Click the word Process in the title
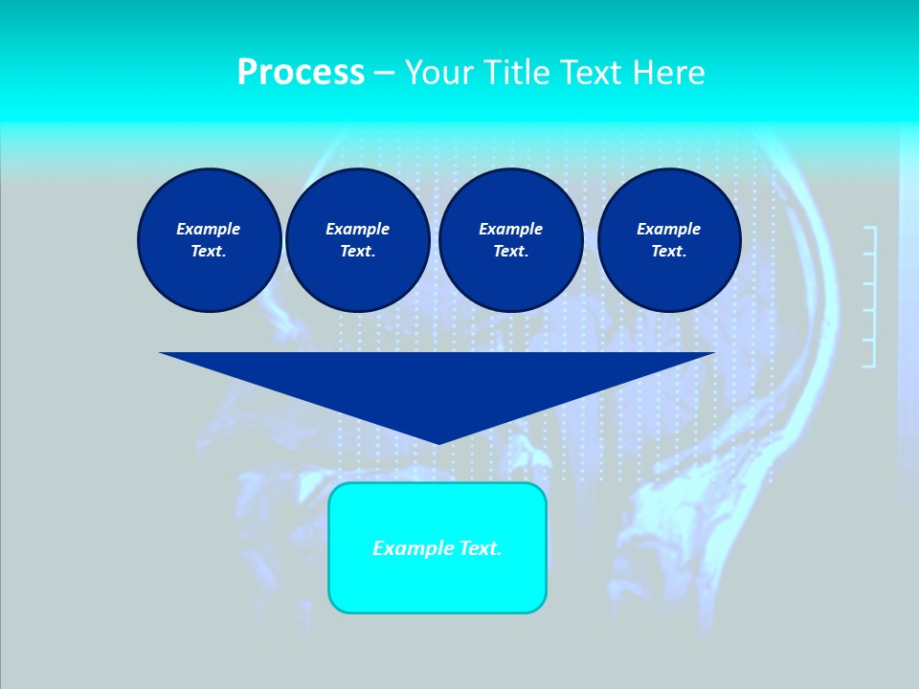(x=301, y=73)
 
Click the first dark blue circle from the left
(x=209, y=240)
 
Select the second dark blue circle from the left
(x=357, y=240)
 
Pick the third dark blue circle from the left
(x=510, y=240)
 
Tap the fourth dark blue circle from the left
(x=669, y=240)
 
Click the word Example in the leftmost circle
(x=209, y=229)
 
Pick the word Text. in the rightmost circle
(x=669, y=252)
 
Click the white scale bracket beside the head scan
(x=870, y=297)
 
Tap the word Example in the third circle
(x=510, y=229)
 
